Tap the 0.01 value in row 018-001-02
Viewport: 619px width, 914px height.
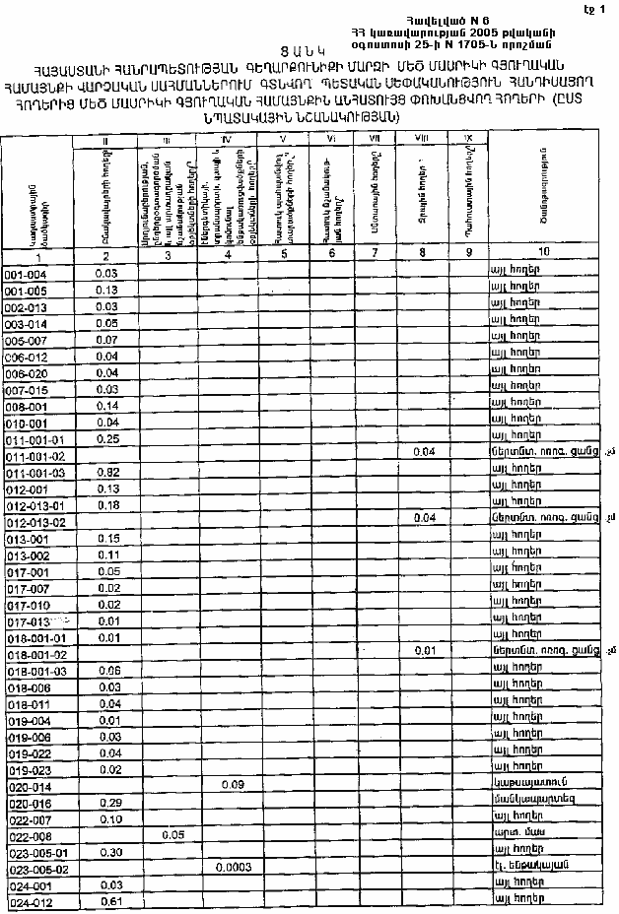tap(425, 652)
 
